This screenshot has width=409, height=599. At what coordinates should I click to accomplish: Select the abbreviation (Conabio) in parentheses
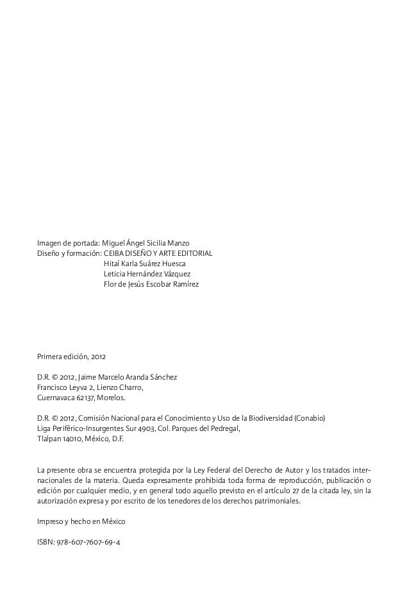tap(310, 418)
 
